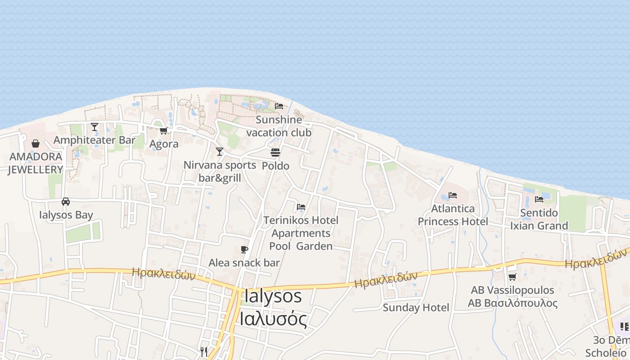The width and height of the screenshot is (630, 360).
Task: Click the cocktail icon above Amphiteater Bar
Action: (94, 127)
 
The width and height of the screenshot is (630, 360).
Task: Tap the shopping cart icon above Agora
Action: (163, 130)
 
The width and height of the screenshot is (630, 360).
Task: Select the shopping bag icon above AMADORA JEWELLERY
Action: (36, 144)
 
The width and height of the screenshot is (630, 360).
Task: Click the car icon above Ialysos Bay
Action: (66, 202)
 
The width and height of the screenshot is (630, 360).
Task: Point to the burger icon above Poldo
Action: (275, 153)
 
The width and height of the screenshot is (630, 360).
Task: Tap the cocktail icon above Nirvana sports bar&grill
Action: (220, 152)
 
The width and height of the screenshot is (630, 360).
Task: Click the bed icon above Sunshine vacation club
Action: (279, 107)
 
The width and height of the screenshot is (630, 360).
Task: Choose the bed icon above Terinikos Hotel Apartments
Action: (301, 207)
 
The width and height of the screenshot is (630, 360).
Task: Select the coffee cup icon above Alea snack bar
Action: (244, 249)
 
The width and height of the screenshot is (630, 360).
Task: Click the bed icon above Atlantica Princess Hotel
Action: (453, 195)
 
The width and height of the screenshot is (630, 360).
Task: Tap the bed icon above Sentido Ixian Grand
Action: (539, 199)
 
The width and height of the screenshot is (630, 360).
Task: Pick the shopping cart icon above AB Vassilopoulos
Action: (512, 277)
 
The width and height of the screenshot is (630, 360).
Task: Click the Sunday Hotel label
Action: (416, 308)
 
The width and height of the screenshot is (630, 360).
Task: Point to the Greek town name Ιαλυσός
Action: (273, 319)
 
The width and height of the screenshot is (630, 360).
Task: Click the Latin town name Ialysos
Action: (273, 296)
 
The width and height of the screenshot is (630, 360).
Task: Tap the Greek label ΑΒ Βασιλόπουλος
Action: (513, 303)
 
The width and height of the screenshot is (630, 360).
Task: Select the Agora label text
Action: (164, 144)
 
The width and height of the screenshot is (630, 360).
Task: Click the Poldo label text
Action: (275, 166)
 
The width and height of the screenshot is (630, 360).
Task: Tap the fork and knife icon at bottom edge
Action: (204, 351)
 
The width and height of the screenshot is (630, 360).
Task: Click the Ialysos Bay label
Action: (66, 215)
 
